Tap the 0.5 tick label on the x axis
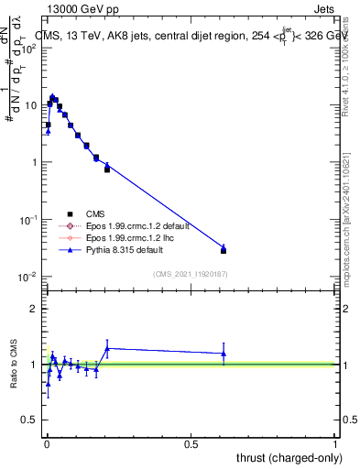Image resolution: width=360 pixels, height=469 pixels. click(191, 444)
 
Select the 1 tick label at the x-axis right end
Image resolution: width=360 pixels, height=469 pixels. click(335, 444)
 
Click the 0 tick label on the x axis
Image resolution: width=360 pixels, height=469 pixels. click(46, 444)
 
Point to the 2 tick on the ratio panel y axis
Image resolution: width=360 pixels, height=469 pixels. click(34, 309)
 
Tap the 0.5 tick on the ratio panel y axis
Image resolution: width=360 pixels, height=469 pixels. click(29, 420)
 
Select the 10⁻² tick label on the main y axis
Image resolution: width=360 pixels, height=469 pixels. click(27, 278)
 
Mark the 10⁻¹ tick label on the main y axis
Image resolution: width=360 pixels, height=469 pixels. click(27, 220)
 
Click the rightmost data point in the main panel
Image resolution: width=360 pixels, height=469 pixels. click(224, 249)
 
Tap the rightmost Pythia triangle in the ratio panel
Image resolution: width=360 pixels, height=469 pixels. click(224, 354)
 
